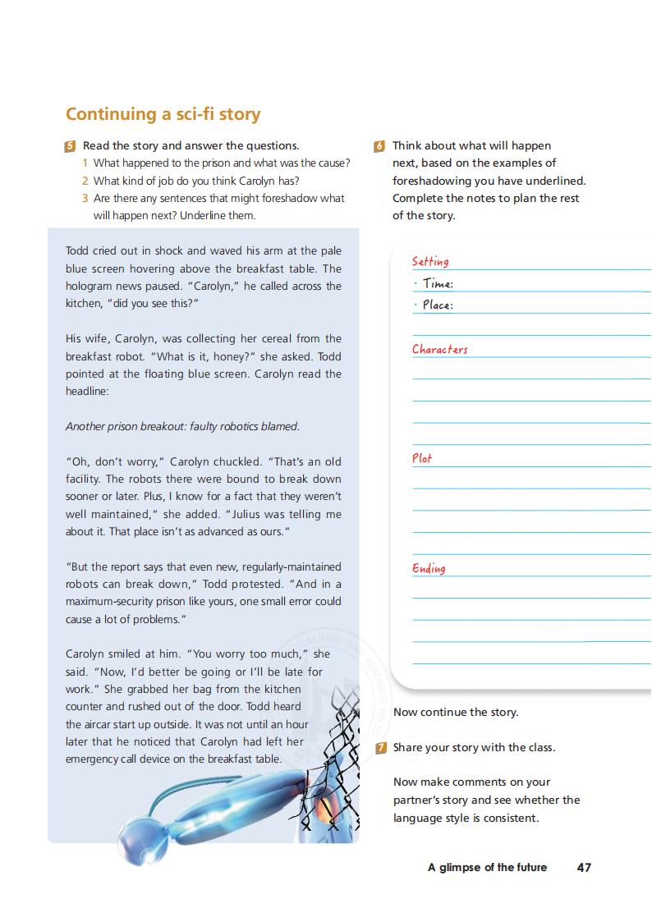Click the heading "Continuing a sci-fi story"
(163, 114)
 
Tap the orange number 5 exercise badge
(70, 146)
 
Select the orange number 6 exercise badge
(379, 146)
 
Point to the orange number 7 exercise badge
(380, 748)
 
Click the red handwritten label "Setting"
(430, 261)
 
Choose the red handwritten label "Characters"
(439, 349)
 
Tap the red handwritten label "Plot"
(422, 458)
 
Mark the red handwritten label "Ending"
(429, 568)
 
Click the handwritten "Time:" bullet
(437, 284)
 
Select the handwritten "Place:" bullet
(437, 305)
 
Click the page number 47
(584, 867)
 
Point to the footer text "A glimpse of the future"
(487, 867)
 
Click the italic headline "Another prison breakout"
(182, 426)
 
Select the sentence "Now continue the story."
(456, 712)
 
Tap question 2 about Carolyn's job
(196, 181)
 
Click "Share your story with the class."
(474, 747)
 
